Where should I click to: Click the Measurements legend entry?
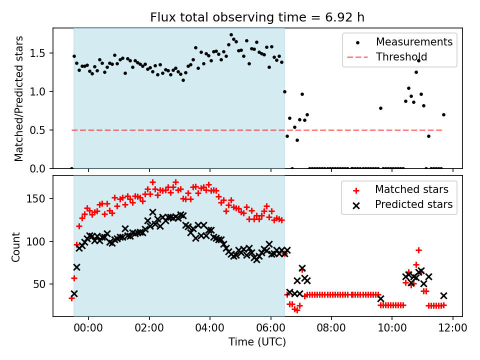tap(414, 41)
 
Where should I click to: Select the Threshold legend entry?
tap(401, 57)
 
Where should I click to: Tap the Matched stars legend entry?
tap(411, 189)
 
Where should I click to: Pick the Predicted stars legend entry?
tap(413, 204)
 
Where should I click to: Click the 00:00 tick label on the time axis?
tap(88, 330)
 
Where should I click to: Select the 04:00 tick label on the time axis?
tap(210, 330)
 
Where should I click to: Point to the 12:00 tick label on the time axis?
tap(453, 330)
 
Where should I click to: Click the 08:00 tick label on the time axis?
tap(331, 330)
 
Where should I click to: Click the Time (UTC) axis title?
tap(257, 342)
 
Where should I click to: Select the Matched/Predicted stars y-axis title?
tap(19, 98)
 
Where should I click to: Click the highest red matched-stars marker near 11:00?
tap(418, 250)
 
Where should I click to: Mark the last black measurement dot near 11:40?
tap(443, 114)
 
